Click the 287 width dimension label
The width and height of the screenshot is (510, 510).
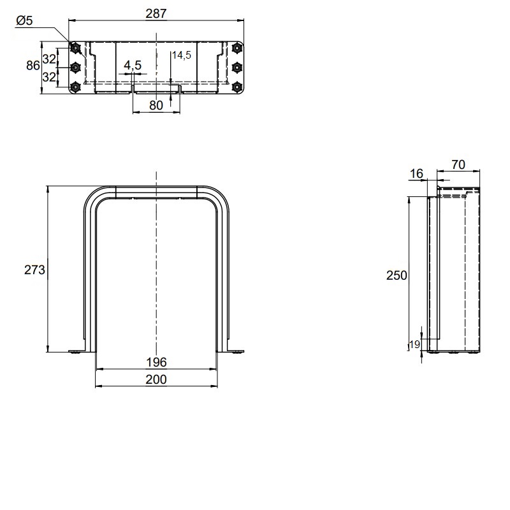coord(156,13)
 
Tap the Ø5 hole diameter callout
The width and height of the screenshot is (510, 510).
coord(24,21)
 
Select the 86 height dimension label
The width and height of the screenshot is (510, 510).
coord(33,66)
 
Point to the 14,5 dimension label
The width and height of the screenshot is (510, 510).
coord(182,55)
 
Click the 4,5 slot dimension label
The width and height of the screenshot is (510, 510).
coord(133,66)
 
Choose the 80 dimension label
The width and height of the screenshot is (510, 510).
coord(156,105)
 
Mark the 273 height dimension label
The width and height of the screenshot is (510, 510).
coord(34,270)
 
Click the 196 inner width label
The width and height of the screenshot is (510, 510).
coord(156,362)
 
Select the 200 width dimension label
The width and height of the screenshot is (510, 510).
coord(156,379)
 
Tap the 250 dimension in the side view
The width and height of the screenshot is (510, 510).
coord(397,275)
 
